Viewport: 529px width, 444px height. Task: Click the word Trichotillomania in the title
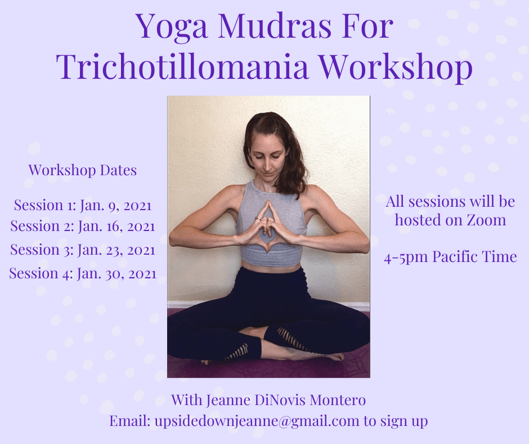pyautogui.click(x=182, y=66)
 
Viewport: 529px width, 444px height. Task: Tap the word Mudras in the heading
pyautogui.click(x=275, y=26)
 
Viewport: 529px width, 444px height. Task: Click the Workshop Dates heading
pyautogui.click(x=83, y=170)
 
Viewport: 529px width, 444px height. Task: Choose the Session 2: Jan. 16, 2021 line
pyautogui.click(x=83, y=226)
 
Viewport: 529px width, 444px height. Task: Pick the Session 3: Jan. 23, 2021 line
pyautogui.click(x=83, y=250)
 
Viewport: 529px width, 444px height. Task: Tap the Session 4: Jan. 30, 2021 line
pyautogui.click(x=83, y=273)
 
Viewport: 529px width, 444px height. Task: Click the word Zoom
pyautogui.click(x=486, y=220)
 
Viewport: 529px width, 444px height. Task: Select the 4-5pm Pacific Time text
pyautogui.click(x=450, y=257)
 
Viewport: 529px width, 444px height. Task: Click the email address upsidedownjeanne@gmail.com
pyautogui.click(x=257, y=421)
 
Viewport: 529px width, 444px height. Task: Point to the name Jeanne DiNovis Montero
pyautogui.click(x=286, y=400)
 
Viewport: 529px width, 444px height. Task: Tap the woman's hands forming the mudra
pyautogui.click(x=267, y=227)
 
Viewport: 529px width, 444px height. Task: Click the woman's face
pyautogui.click(x=267, y=158)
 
